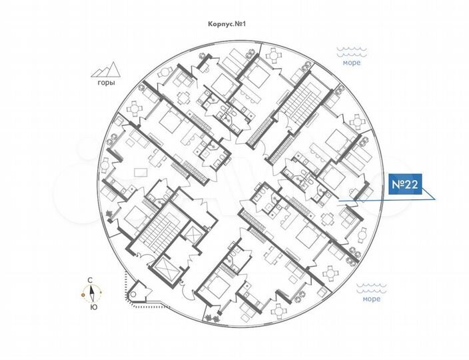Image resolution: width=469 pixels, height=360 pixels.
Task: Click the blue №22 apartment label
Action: coord(404,185)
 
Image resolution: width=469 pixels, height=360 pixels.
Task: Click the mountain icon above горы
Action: coord(105,69)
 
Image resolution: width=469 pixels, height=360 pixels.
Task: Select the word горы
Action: coord(105,83)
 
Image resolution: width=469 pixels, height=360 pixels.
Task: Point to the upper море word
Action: coord(352,63)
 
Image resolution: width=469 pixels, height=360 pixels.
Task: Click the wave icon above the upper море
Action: coord(352,50)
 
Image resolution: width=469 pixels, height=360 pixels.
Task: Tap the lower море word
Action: coord(372,299)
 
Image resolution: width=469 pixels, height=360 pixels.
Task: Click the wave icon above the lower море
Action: coord(372,287)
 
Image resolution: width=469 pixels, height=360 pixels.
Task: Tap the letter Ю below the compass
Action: coord(92,307)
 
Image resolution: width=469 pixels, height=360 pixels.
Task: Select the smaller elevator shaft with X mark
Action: coord(194,235)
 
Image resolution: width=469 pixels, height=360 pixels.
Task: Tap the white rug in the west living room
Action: coord(141,171)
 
